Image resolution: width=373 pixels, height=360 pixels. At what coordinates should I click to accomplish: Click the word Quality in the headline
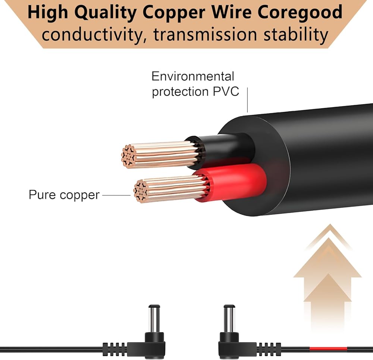[105, 13]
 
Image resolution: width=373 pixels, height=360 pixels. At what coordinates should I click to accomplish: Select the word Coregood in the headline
[300, 13]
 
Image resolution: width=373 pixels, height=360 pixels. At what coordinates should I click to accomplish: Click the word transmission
[206, 35]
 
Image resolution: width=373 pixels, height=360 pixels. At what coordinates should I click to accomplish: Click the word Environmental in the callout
[193, 76]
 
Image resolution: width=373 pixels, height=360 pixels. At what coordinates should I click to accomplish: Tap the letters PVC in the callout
[226, 91]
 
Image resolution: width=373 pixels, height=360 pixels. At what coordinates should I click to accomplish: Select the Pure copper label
[64, 195]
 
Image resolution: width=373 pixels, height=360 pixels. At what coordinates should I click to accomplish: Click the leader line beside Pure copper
[116, 195]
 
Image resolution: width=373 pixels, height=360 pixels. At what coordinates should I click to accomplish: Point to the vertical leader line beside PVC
[247, 100]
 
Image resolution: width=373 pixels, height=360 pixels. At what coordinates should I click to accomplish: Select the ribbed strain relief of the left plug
[115, 349]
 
